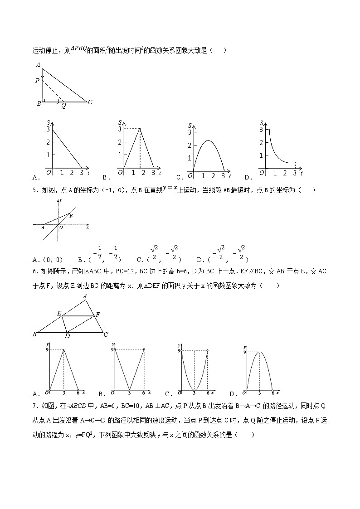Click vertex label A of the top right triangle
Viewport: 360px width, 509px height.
38,64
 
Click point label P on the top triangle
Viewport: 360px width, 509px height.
37,81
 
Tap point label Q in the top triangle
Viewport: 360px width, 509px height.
63,106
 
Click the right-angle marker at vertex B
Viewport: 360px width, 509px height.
44,100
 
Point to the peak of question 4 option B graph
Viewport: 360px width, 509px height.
140,129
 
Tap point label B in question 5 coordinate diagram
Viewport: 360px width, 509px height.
71,216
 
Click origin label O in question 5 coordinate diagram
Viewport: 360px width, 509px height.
61,228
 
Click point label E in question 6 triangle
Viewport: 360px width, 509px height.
58,313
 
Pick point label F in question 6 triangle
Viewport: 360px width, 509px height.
98,314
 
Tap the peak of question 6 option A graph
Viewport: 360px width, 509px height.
63,349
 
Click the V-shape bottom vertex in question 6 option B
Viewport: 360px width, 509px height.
129,389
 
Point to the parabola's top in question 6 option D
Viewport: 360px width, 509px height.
259,352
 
